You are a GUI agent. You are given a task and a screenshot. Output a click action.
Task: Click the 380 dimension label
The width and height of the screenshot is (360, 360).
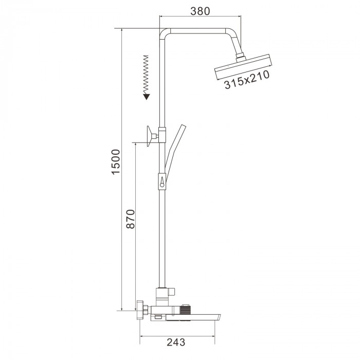[200, 11]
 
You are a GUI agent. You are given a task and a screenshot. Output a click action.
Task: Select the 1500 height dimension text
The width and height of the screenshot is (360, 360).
[116, 162]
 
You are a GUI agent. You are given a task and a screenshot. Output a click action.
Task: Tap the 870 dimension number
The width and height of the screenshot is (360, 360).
[131, 219]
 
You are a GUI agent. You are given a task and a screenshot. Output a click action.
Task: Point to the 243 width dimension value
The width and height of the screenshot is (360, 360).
[176, 342]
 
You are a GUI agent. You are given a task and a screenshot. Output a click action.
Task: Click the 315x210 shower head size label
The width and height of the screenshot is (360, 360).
[247, 80]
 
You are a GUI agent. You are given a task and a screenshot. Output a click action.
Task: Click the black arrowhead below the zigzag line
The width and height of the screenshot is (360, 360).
[147, 97]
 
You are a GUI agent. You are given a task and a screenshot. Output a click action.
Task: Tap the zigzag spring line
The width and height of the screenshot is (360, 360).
[146, 75]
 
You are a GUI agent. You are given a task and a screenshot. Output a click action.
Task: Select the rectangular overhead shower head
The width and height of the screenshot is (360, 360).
[243, 66]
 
